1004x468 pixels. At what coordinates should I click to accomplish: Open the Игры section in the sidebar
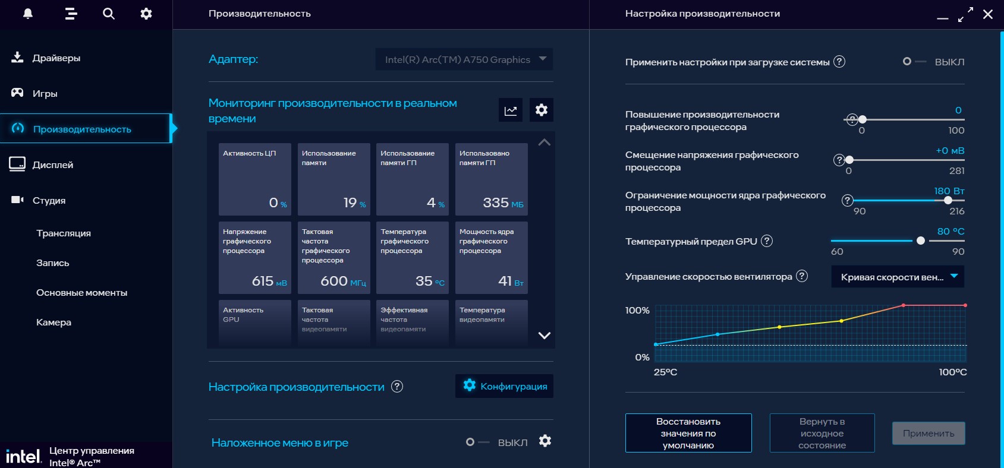coord(45,94)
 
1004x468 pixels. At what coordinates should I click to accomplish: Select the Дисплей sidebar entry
coord(52,165)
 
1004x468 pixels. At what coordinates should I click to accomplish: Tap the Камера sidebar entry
coord(53,322)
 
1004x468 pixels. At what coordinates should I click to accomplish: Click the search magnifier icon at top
coord(108,14)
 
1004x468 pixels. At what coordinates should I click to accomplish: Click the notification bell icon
coord(28,14)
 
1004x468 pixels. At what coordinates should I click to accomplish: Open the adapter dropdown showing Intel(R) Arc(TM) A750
coord(464,59)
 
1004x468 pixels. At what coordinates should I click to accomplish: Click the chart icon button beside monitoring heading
coord(511,110)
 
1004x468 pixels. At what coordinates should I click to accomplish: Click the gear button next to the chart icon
coord(541,110)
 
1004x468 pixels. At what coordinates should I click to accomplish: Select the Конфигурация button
coord(504,386)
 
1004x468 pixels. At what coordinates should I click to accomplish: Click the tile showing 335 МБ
coord(491,179)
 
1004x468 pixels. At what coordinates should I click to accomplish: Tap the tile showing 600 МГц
coord(333,257)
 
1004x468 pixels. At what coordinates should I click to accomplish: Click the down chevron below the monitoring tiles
coord(544,336)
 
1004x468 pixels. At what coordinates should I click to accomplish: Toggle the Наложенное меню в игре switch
coord(477,442)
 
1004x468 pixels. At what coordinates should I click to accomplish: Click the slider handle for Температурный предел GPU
coord(921,241)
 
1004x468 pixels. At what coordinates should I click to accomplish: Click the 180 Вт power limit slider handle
coord(948,201)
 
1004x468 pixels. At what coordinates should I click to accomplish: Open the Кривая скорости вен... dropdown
coord(898,277)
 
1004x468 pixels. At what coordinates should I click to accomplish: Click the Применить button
coord(928,434)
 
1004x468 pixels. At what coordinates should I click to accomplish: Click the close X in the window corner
coord(988,14)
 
